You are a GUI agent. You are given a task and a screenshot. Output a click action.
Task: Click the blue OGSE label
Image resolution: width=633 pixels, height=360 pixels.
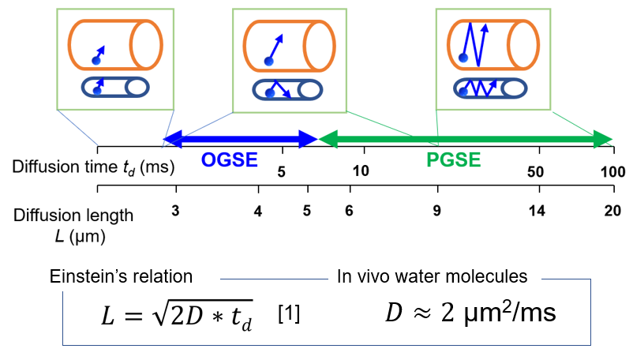tap(230, 159)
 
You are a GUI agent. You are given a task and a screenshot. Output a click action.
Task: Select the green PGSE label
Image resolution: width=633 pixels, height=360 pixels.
tap(453, 159)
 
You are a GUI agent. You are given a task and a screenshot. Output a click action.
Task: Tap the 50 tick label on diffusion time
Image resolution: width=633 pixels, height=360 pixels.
tap(535, 172)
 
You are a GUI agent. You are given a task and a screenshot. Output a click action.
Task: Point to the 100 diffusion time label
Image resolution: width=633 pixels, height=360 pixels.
tap(612, 172)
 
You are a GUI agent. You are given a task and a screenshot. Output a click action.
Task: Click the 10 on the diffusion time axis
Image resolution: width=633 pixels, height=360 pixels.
tap(361, 171)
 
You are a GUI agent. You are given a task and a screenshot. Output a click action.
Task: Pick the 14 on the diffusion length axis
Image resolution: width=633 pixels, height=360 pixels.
tap(537, 211)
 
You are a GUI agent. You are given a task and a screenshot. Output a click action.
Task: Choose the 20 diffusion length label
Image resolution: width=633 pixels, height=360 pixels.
tap(612, 211)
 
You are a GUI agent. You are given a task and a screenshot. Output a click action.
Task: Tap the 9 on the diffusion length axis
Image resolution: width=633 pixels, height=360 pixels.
tap(436, 211)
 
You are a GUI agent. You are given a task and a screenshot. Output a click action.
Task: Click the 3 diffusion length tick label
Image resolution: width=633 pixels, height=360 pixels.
tap(175, 211)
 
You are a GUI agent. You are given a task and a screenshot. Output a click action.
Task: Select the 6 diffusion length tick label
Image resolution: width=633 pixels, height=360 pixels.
tap(349, 211)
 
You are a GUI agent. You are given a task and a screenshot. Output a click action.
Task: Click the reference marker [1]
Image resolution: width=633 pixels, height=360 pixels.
tap(289, 314)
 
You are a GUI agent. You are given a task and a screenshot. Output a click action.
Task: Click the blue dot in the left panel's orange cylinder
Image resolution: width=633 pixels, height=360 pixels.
tap(96, 61)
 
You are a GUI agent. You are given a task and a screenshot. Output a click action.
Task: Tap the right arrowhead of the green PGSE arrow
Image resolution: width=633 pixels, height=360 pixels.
tap(604, 139)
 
